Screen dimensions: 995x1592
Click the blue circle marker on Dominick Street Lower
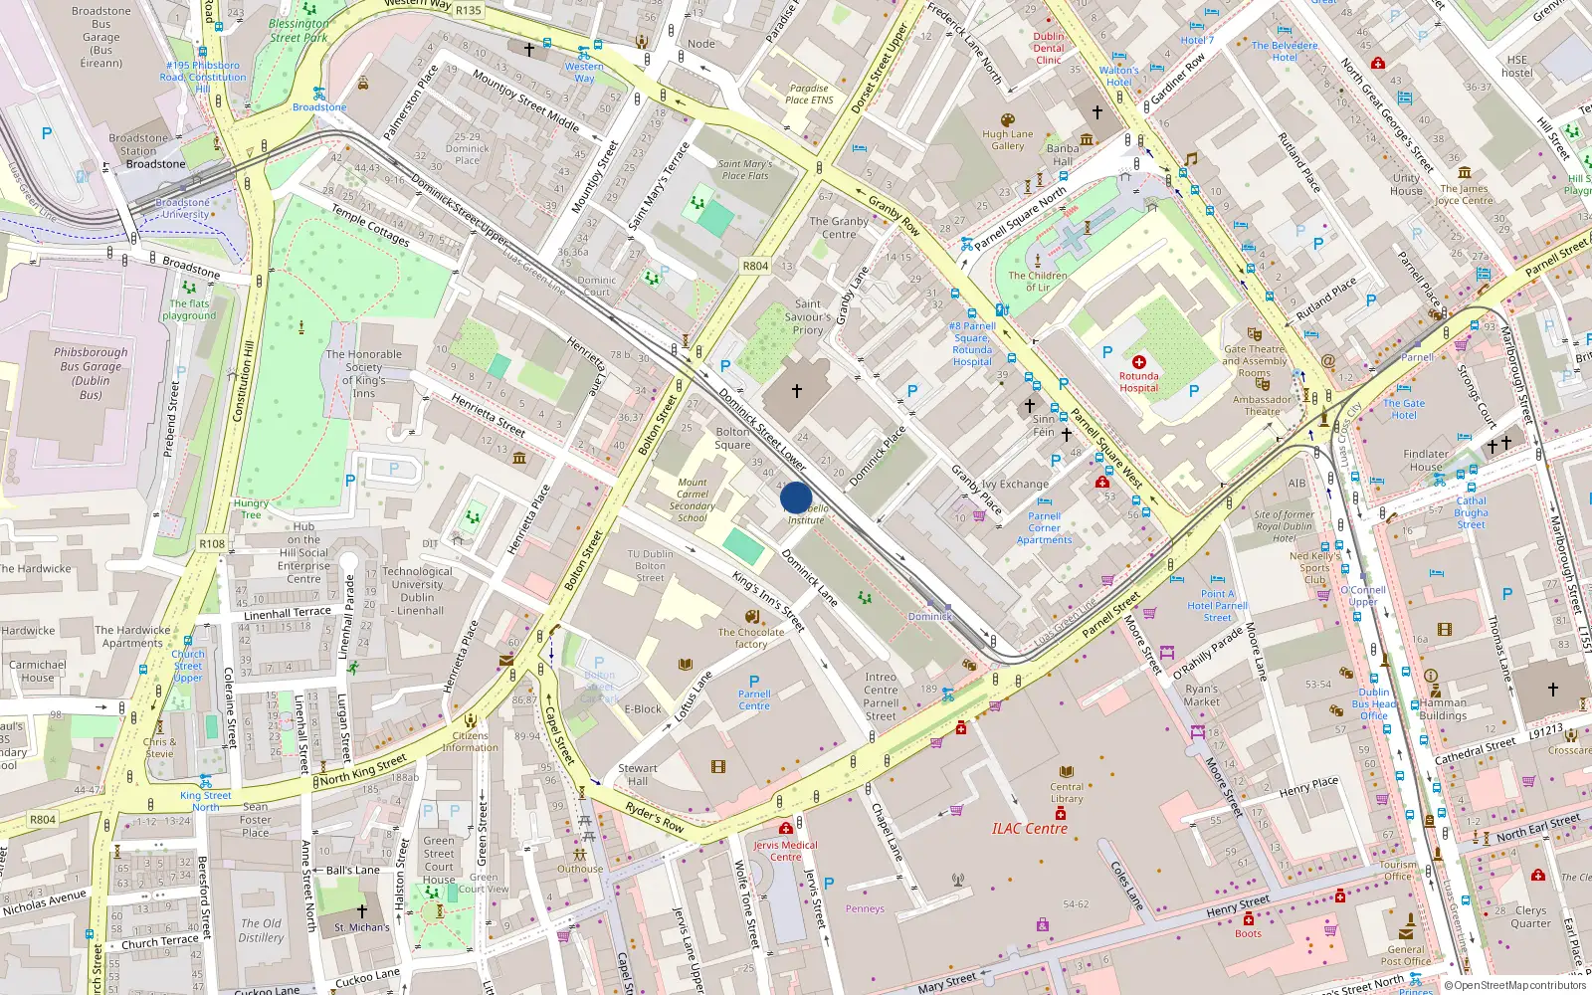(796, 497)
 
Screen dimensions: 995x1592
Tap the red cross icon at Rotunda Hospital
(1138, 362)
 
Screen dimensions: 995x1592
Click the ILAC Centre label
(1029, 828)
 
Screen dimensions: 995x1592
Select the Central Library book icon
(1067, 772)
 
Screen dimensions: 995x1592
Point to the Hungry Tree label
(251, 509)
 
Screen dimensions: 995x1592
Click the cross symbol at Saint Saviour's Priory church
(796, 391)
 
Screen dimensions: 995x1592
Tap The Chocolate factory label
(751, 638)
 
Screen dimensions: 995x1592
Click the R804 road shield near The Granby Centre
(755, 266)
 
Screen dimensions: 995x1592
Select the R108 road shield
(212, 543)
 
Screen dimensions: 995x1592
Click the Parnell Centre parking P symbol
(754, 682)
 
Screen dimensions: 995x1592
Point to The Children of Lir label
(1037, 282)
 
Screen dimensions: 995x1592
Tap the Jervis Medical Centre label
(785, 851)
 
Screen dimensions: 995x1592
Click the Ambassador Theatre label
(1262, 405)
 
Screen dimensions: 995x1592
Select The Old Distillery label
(261, 929)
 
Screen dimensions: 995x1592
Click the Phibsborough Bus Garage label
(91, 373)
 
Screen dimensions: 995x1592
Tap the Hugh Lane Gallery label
(1007, 139)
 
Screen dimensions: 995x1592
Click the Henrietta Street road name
(488, 414)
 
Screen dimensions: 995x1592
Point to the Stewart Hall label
(638, 774)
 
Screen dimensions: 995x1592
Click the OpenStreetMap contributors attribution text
(1515, 985)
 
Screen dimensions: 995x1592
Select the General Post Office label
(1405, 955)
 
